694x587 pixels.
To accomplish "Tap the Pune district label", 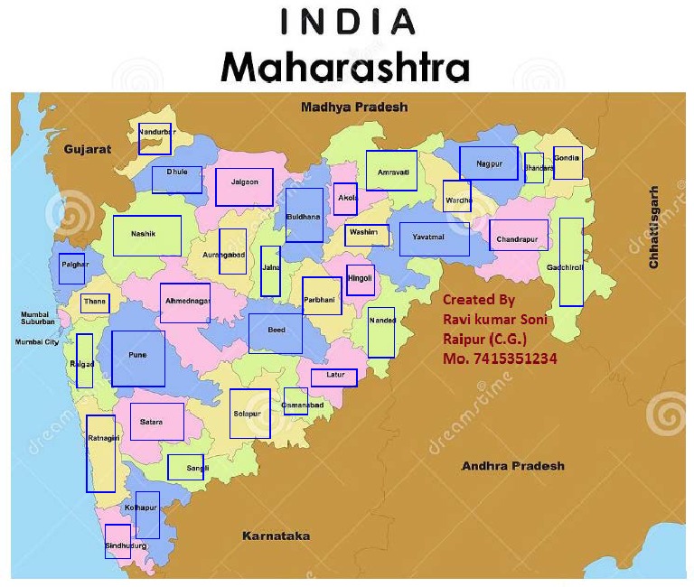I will [137, 356].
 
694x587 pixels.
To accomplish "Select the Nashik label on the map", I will [144, 234].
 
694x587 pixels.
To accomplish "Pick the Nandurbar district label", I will [155, 133].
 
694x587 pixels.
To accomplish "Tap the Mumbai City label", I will [36, 343].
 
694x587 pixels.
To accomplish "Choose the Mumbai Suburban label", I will [38, 318].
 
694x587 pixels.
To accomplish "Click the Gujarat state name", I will [88, 150].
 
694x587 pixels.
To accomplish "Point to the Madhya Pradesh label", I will [354, 107].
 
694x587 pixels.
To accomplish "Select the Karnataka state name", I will [276, 536].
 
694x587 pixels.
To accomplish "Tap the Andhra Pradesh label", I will [512, 466].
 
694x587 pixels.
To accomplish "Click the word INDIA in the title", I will [348, 22].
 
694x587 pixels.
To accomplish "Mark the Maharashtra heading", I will [348, 66].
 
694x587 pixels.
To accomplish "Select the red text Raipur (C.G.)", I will [484, 339].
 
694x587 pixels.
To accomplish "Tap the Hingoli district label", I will [360, 279].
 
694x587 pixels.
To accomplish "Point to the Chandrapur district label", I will [518, 241].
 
